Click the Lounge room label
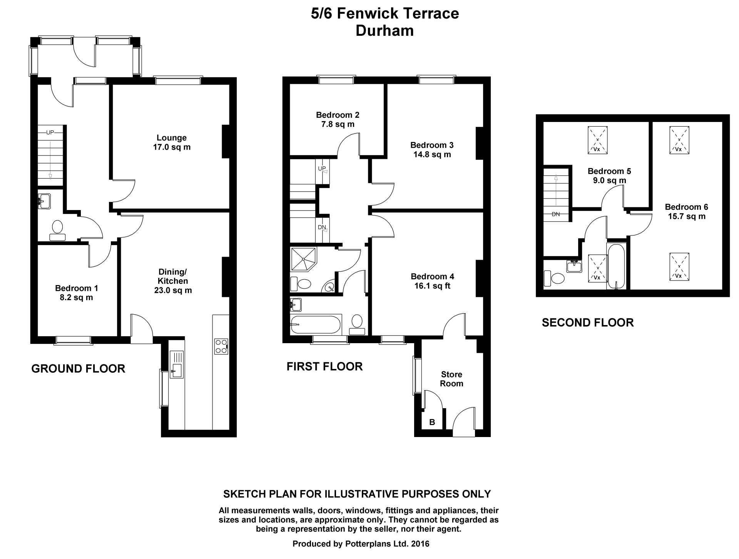(x=172, y=138)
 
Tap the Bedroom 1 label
(x=77, y=288)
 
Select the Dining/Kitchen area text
(x=173, y=290)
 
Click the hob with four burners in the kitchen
(x=221, y=346)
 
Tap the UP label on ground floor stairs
(x=50, y=133)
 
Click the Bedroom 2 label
(x=338, y=115)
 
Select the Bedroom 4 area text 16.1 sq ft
(x=432, y=286)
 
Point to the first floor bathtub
(x=316, y=325)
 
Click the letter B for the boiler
(x=432, y=422)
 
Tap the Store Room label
(x=451, y=379)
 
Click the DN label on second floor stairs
(x=556, y=214)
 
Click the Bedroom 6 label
(x=687, y=207)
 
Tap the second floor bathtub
(x=617, y=266)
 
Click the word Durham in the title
(x=385, y=31)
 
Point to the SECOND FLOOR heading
(x=588, y=322)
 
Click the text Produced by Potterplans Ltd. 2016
(x=361, y=544)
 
